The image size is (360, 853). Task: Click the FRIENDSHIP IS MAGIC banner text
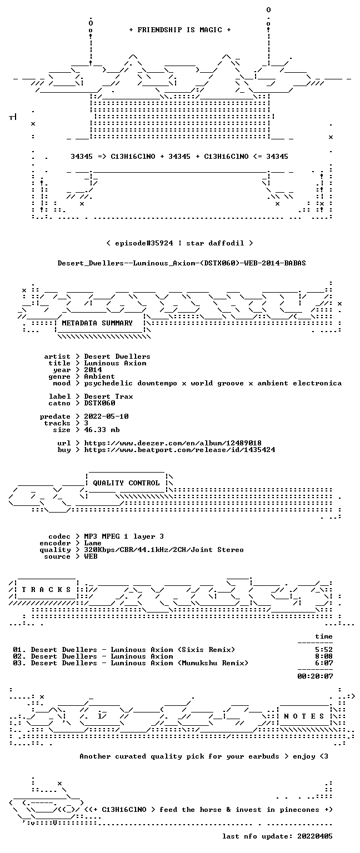pyautogui.click(x=180, y=29)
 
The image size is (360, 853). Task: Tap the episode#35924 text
pyautogui.click(x=144, y=243)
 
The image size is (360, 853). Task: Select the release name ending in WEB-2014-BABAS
pyautogui.click(x=182, y=263)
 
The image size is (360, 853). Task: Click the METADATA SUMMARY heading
pyautogui.click(x=97, y=323)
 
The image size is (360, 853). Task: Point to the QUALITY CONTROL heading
pyautogui.click(x=126, y=483)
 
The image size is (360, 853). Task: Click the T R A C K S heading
pyautogui.click(x=46, y=589)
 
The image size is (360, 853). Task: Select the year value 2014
pyautogui.click(x=93, y=370)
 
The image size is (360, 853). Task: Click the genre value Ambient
pyautogui.click(x=99, y=376)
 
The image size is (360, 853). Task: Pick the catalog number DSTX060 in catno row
pyautogui.click(x=99, y=403)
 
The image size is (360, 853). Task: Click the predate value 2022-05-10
pyautogui.click(x=106, y=416)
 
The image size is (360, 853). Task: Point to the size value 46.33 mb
pyautogui.click(x=102, y=429)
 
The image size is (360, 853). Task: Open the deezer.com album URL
pyautogui.click(x=173, y=443)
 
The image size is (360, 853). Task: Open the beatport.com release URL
pyautogui.click(x=179, y=450)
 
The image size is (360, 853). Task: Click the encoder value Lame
pyautogui.click(x=93, y=543)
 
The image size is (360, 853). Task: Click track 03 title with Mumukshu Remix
pyautogui.click(x=139, y=663)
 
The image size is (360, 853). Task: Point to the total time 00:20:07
pyautogui.click(x=315, y=676)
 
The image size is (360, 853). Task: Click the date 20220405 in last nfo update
pyautogui.click(x=315, y=836)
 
